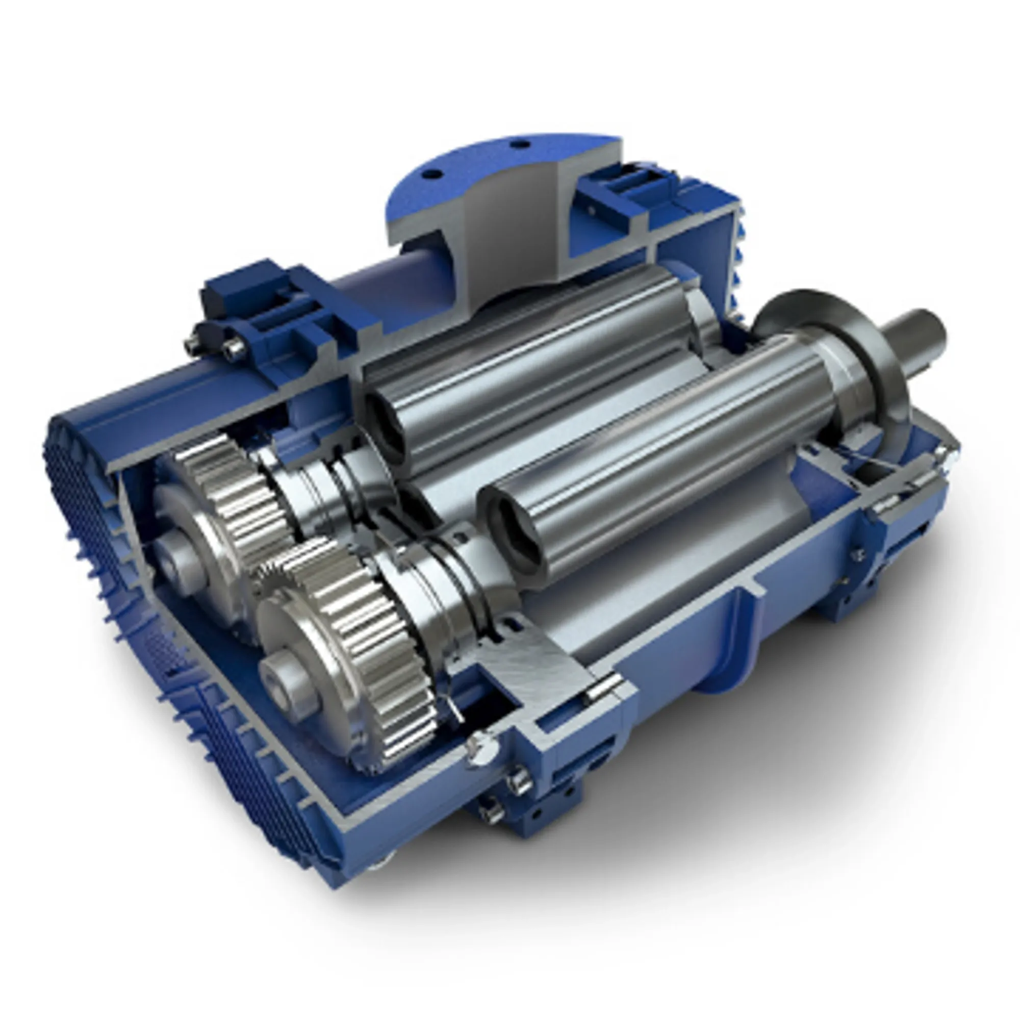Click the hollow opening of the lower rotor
[x=515, y=541]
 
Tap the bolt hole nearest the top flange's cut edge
[x=521, y=143]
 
